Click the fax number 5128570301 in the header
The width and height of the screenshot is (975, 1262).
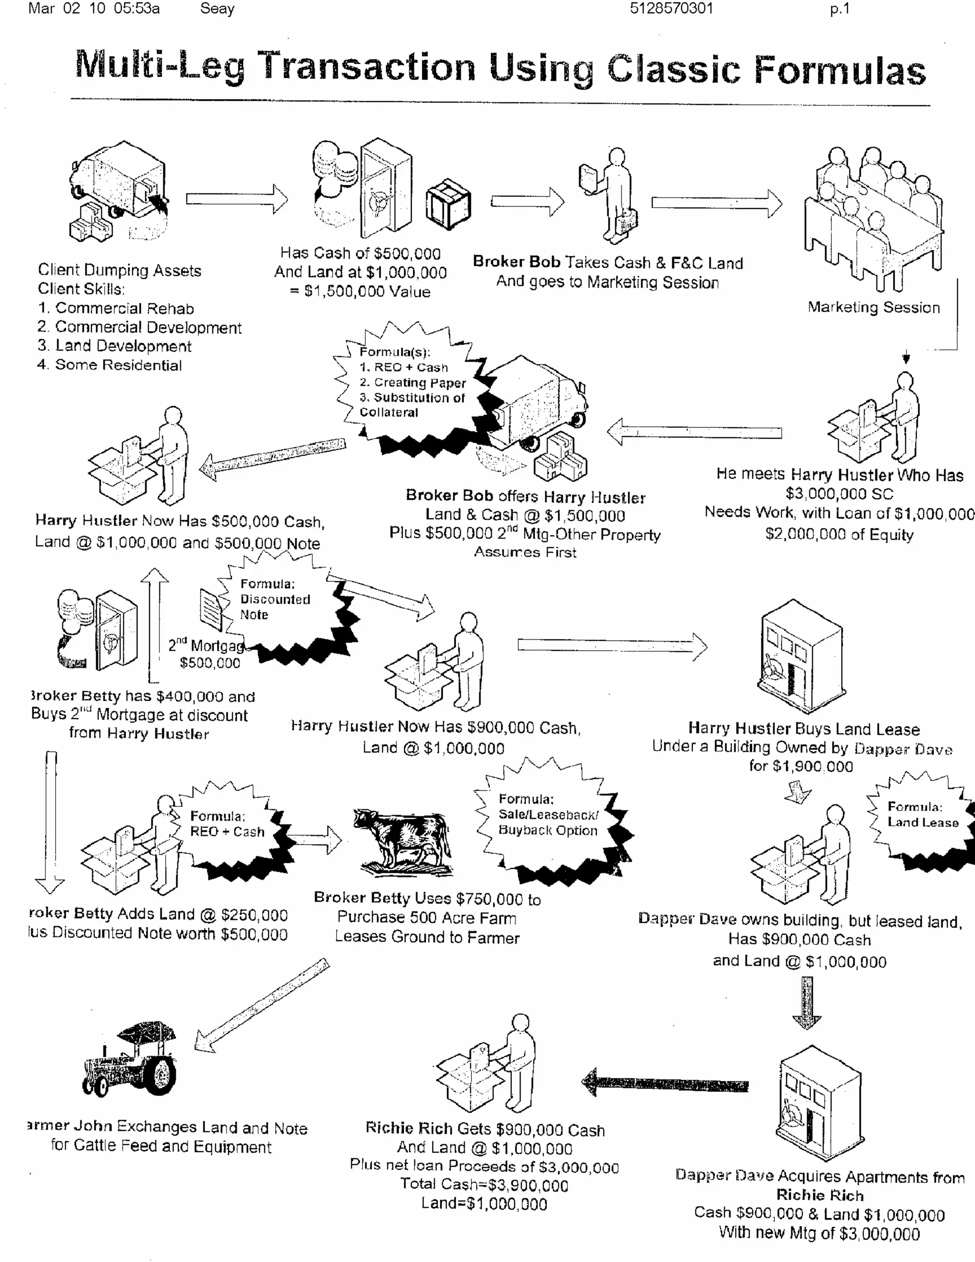(671, 9)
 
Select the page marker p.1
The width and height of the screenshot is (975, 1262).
(839, 9)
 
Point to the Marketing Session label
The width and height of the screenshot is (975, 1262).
(873, 307)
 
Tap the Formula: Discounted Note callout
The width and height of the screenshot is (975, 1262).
(276, 600)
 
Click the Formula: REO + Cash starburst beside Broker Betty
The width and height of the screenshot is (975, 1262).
(227, 825)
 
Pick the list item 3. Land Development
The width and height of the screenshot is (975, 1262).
(114, 346)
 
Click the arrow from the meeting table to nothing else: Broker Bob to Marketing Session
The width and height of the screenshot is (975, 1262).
(716, 203)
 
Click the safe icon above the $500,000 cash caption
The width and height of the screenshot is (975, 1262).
(385, 189)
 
